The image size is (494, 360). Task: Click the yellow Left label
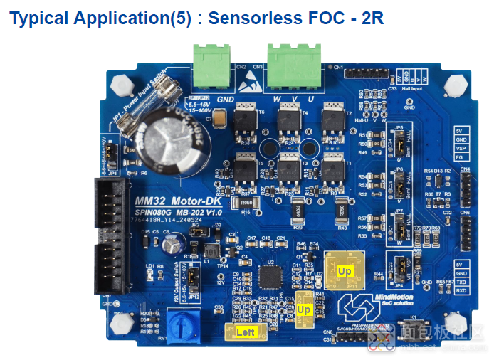point(246,332)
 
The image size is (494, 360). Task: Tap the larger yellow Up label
point(345,271)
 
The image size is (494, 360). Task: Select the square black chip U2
point(270,278)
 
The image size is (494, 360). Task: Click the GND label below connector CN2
point(226,100)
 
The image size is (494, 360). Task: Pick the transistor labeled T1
point(332,170)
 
